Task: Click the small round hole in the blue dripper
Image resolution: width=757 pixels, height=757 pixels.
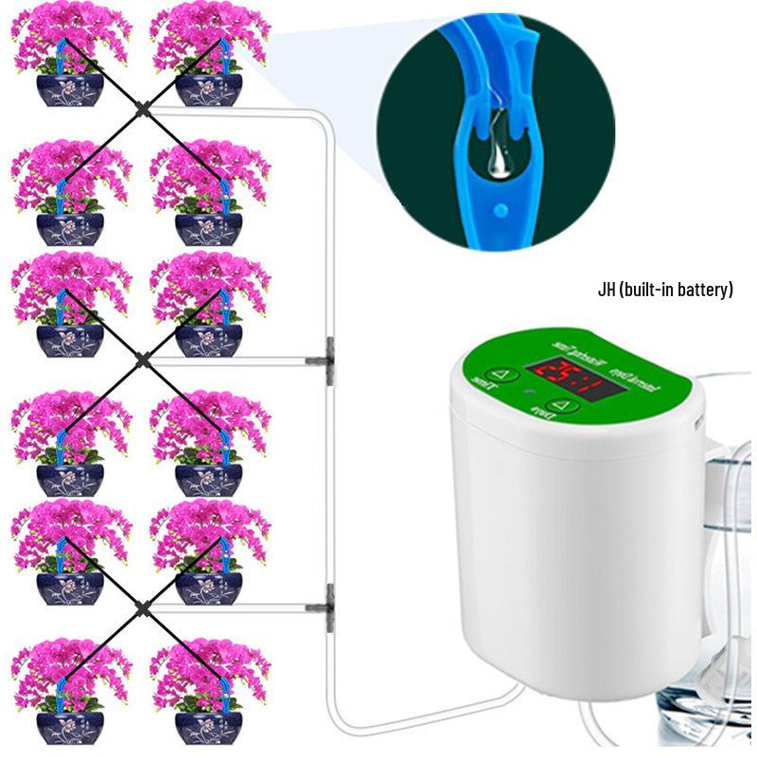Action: (x=492, y=202)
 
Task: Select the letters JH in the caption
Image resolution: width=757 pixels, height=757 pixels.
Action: (x=607, y=290)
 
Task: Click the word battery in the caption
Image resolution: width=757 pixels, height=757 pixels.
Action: (x=705, y=290)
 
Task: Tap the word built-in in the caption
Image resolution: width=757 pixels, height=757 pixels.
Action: (x=649, y=290)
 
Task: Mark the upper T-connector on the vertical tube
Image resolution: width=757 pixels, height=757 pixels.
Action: (x=327, y=359)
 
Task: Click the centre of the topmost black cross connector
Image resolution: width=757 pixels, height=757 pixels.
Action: (x=142, y=110)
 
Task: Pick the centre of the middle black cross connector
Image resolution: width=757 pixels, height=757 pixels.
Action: (x=142, y=359)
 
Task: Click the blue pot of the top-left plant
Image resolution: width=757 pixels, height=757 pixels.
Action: (x=69, y=89)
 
